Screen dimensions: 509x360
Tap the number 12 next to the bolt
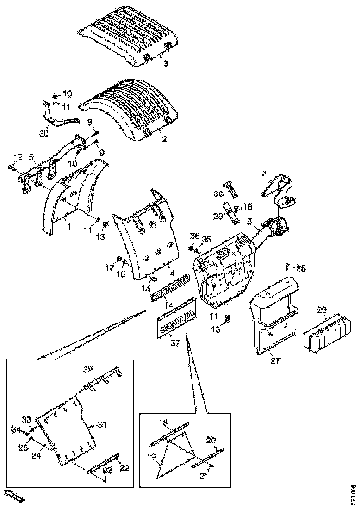click(x=17, y=157)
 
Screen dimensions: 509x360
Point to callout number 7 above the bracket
click(x=263, y=174)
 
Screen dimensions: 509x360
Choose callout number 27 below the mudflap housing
click(x=275, y=361)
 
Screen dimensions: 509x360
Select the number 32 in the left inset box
click(x=88, y=369)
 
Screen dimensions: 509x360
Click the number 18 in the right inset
click(x=164, y=422)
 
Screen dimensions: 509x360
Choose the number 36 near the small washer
click(x=195, y=236)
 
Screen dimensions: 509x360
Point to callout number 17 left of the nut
click(x=109, y=267)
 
